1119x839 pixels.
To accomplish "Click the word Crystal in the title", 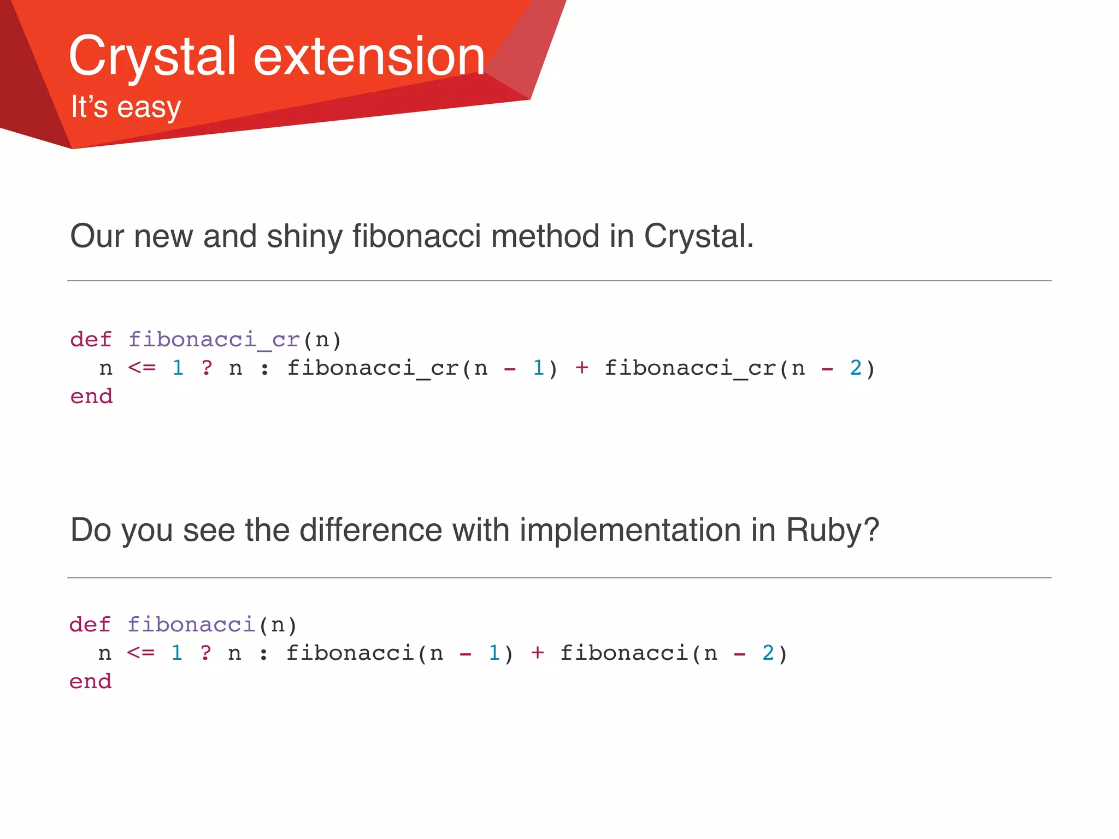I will [x=152, y=57].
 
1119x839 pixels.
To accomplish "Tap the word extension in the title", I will [x=369, y=57].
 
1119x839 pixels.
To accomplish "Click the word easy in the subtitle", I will [x=149, y=108].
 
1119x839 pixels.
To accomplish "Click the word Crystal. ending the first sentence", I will [x=698, y=236].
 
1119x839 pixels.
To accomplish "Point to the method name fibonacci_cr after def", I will [x=214, y=340].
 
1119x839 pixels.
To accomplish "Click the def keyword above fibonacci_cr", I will [x=91, y=340].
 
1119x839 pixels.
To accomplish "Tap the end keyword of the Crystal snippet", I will [x=91, y=396].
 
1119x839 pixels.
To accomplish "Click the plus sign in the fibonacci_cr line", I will [x=581, y=368].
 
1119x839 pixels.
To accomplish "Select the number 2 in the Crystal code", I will [x=856, y=368].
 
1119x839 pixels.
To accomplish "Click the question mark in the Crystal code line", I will [x=207, y=368].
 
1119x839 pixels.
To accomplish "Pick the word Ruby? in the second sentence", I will [x=832, y=530].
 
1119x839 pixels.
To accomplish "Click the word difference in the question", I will [x=370, y=530].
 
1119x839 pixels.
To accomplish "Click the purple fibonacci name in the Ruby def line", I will [x=191, y=624].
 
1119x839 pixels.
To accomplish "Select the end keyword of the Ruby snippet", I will [x=90, y=681].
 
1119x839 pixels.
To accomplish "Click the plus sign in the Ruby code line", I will [x=537, y=653].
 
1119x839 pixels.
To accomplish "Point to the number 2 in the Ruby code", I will [x=768, y=653].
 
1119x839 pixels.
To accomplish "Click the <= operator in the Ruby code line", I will [x=141, y=653].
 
